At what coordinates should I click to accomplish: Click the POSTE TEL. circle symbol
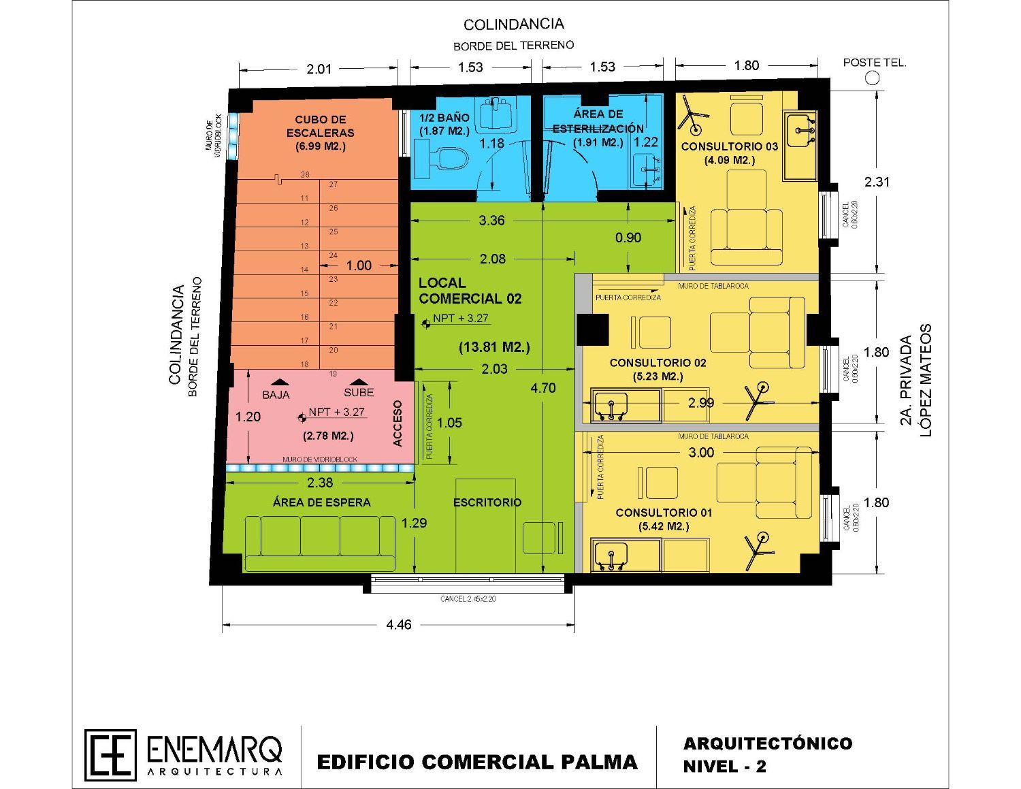pyautogui.click(x=871, y=78)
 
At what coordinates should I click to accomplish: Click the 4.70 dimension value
pyautogui.click(x=542, y=388)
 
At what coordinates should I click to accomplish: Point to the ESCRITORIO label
pyautogui.click(x=487, y=502)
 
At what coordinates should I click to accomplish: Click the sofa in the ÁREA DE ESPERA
pyautogui.click(x=320, y=543)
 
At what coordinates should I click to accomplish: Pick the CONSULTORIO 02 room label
pyautogui.click(x=658, y=362)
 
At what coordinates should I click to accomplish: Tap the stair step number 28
pyautogui.click(x=305, y=175)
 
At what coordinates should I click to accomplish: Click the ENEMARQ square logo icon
pyautogui.click(x=110, y=755)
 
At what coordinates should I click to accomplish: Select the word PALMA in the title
pyautogui.click(x=598, y=761)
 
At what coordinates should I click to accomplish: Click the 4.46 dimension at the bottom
pyautogui.click(x=398, y=624)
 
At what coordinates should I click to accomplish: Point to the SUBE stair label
pyautogui.click(x=359, y=392)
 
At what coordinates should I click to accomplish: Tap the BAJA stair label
pyautogui.click(x=276, y=395)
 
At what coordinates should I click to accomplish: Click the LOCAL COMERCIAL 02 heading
pyautogui.click(x=470, y=291)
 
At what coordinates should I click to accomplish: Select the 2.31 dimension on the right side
pyautogui.click(x=877, y=182)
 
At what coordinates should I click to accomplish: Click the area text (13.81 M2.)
pyautogui.click(x=494, y=347)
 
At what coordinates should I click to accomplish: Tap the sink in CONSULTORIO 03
pyautogui.click(x=800, y=131)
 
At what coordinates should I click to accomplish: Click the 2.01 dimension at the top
pyautogui.click(x=319, y=68)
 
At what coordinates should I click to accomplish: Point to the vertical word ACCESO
pyautogui.click(x=398, y=423)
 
